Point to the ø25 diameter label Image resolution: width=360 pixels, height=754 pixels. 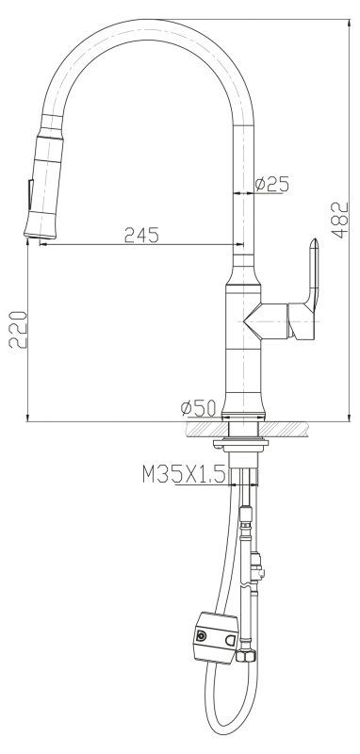pyautogui.click(x=272, y=185)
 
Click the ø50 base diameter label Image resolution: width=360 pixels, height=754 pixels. pyautogui.click(x=198, y=407)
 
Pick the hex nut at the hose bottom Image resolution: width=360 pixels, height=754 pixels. pyautogui.click(x=249, y=651)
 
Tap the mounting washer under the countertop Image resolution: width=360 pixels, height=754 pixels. pyautogui.click(x=244, y=441)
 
